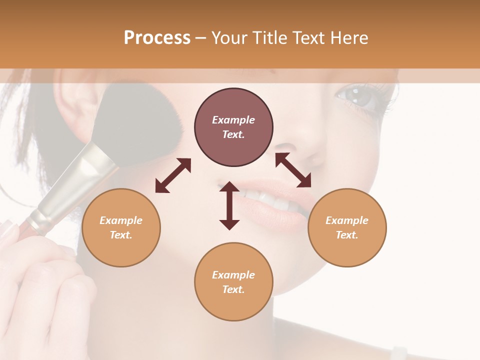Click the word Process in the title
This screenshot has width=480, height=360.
157,38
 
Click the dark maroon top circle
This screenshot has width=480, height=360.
233,127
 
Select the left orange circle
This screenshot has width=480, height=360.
121,227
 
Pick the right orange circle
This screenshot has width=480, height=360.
347,227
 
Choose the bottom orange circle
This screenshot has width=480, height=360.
233,282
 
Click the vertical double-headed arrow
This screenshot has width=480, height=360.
229,205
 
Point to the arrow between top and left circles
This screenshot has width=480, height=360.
173,175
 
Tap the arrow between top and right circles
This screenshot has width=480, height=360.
293,170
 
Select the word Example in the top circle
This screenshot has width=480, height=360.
233,120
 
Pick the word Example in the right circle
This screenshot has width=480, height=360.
347,220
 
